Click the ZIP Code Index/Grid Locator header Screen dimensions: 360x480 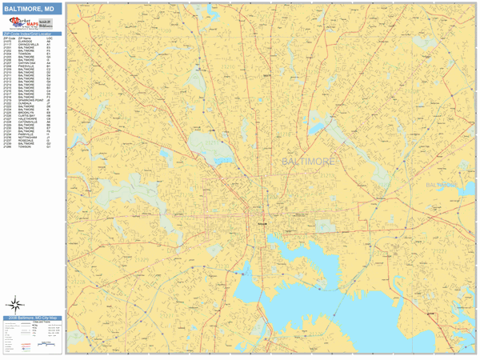(33, 34)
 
